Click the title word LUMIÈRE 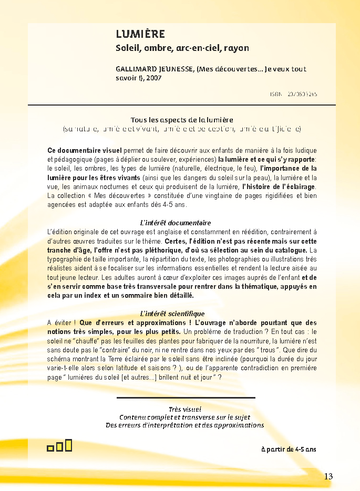pos(140,35)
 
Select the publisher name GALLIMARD pos(138,69)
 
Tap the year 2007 pos(155,78)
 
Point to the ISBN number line pos(294,95)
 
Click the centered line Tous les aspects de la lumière pos(182,120)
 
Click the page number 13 pos(328,476)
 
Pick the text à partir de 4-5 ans pos(289,450)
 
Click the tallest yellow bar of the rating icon pos(68,445)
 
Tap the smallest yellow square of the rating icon pos(50,448)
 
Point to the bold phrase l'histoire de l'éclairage pos(279,186)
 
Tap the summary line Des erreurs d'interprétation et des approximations pos(185,425)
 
